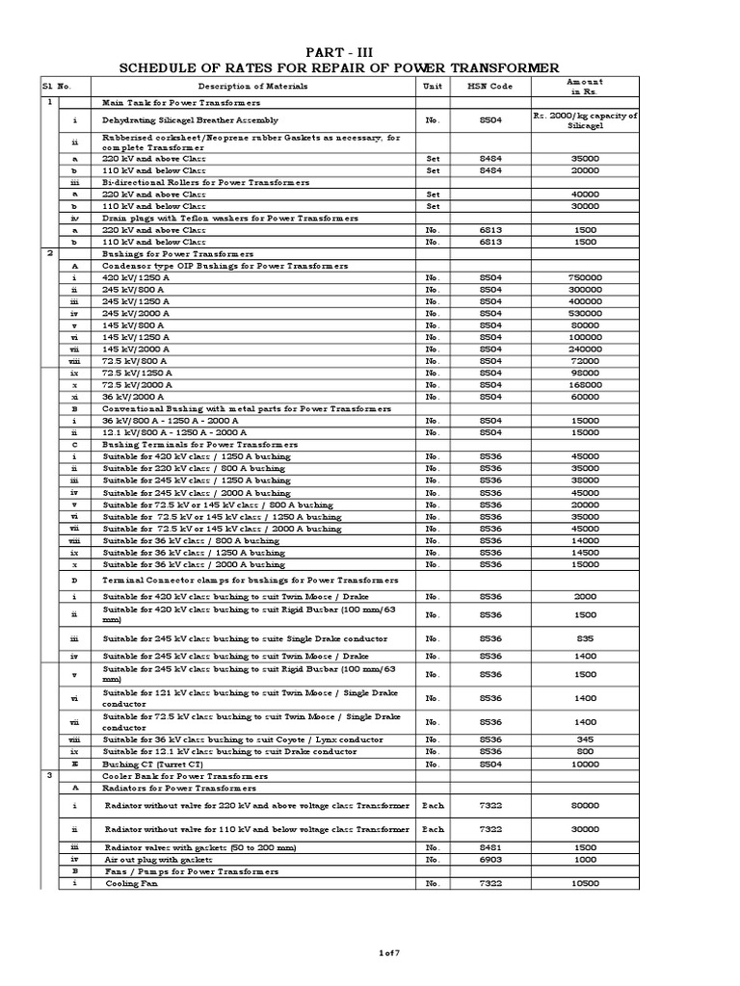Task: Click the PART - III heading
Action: click(337, 50)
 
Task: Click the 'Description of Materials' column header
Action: click(253, 87)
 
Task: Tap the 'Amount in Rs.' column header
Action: click(585, 87)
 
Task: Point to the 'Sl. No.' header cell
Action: click(59, 87)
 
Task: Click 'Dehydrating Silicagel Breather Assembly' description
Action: click(190, 120)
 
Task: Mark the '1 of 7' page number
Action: click(388, 952)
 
